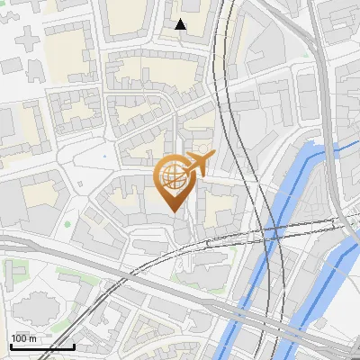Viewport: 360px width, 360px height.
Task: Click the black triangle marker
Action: pyautogui.click(x=181, y=24)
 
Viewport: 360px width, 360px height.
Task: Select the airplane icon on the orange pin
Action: pyautogui.click(x=197, y=164)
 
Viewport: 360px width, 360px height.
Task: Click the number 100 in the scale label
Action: pyautogui.click(x=19, y=338)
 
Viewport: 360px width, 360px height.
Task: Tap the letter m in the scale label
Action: pyautogui.click(x=33, y=338)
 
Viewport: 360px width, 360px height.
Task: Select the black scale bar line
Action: pyautogui.click(x=42, y=346)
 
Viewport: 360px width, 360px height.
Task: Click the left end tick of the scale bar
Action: pyautogui.click(x=12, y=345)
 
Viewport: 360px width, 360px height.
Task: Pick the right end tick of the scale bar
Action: pyautogui.click(x=74, y=345)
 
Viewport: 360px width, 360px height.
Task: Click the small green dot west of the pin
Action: pyautogui.click(x=67, y=223)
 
